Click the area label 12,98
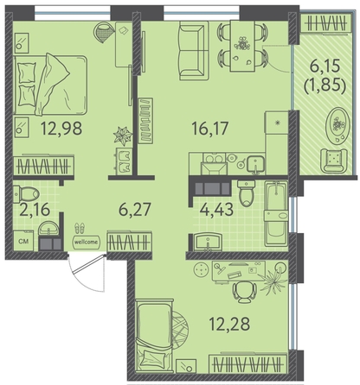click(61, 129)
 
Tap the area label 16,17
click(210, 129)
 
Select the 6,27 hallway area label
click(135, 209)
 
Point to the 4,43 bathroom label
click(216, 209)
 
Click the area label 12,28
click(229, 324)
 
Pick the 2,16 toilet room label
click(35, 209)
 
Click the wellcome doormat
click(86, 242)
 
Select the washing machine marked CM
click(23, 241)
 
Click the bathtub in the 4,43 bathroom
click(276, 213)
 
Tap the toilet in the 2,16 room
click(27, 193)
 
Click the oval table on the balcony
click(337, 124)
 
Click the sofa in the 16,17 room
click(194, 51)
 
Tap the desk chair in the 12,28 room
click(245, 292)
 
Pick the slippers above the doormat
click(80, 228)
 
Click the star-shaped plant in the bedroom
click(123, 136)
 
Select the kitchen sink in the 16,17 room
click(255, 165)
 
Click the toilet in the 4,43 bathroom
click(246, 193)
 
